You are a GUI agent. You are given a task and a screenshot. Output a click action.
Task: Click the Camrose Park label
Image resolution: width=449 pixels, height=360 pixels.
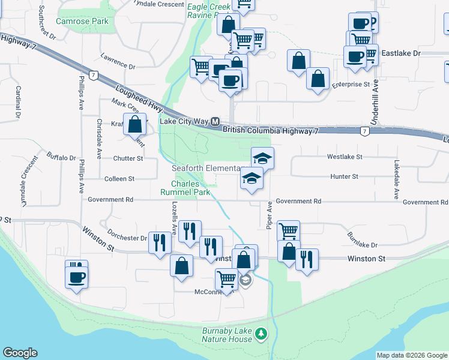point(82,21)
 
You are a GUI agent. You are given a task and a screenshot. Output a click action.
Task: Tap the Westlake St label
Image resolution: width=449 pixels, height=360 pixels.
point(345,157)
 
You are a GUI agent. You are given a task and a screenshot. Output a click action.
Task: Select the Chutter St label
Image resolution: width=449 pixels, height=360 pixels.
point(128,158)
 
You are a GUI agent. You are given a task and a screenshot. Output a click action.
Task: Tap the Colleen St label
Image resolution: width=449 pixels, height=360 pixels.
point(119,178)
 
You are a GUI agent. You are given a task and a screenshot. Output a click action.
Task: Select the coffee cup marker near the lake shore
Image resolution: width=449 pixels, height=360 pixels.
point(76,277)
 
